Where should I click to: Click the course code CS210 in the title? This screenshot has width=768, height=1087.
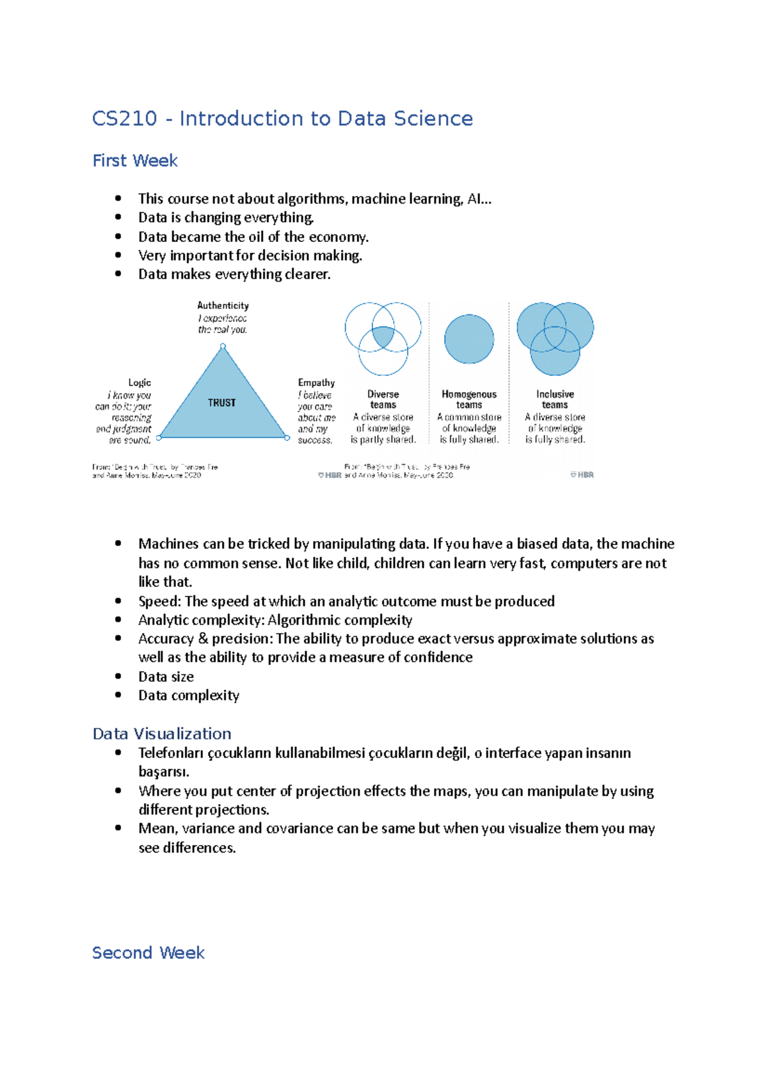pos(125,118)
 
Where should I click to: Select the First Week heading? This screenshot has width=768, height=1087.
pos(135,161)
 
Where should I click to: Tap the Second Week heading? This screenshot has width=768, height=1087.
pos(148,953)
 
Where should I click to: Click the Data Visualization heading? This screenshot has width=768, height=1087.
pos(162,734)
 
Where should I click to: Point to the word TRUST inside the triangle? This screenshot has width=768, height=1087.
pos(221,403)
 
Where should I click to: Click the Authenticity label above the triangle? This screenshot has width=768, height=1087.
pos(223,306)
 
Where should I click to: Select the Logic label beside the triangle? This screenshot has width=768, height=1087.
pos(140,383)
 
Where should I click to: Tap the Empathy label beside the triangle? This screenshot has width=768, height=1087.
pos(316,383)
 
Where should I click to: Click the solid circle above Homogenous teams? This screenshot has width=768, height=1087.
pos(469,339)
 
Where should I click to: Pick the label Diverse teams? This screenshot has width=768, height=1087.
pos(383,399)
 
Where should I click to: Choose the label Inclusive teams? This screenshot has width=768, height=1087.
pos(555,399)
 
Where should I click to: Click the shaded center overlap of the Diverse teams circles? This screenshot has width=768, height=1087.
pos(383,336)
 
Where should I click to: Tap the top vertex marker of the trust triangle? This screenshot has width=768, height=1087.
pos(223,346)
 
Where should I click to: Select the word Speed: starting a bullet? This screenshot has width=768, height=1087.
pos(159,601)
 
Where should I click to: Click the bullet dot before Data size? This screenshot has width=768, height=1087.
pos(118,676)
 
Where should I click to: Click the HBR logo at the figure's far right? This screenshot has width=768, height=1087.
pos(582,475)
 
